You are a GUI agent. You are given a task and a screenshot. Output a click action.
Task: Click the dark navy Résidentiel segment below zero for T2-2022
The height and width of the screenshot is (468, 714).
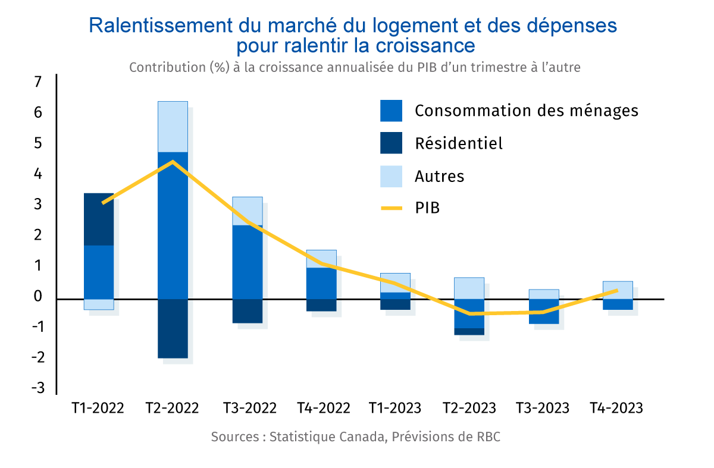tap(173, 328)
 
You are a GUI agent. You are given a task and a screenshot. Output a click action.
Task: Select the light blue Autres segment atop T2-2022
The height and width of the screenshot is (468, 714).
tap(173, 127)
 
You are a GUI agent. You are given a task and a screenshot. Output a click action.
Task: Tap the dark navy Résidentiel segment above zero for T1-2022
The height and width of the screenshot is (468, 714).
tap(99, 219)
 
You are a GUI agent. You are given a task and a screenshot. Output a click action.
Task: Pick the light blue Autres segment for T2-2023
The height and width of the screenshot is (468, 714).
tap(469, 288)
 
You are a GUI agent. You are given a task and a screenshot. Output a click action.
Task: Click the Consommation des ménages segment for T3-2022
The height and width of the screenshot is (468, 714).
tap(247, 262)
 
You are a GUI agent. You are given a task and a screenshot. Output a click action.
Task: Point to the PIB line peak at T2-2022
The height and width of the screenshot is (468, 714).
tap(173, 161)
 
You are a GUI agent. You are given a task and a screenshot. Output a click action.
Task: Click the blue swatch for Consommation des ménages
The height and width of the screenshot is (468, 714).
tap(391, 111)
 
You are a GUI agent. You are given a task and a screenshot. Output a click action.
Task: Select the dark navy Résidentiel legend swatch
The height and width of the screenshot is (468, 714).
tap(391, 143)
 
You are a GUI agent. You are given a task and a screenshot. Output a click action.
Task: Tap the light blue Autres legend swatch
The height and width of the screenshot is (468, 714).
tap(391, 176)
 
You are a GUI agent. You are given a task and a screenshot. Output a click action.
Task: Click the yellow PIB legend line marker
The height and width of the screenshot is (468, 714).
tap(391, 209)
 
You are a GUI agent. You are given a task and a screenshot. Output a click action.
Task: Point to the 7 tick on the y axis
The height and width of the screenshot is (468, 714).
tap(39, 81)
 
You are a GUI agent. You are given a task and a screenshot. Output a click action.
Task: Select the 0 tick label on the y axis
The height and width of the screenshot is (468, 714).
tap(39, 296)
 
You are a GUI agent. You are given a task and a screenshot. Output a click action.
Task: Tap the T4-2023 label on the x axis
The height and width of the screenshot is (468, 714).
tap(616, 409)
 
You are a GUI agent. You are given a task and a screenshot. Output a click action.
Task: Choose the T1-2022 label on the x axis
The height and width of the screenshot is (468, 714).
tap(98, 409)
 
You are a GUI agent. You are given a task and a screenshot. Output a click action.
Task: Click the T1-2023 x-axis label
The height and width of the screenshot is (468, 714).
tap(394, 409)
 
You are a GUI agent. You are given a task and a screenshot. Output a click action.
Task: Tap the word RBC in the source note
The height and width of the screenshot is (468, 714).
tap(488, 437)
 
